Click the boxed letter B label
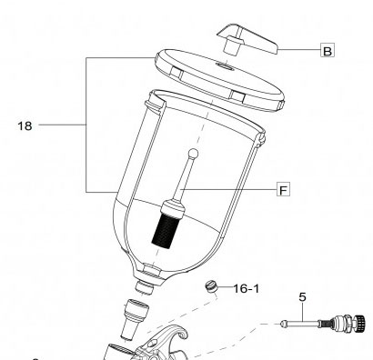(x=328, y=50)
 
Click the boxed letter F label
(x=283, y=189)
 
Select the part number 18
(x=25, y=125)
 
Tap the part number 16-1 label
(x=247, y=289)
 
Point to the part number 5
(x=302, y=297)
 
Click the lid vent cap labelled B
(x=247, y=40)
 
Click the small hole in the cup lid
(x=225, y=65)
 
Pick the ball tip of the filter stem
(x=193, y=154)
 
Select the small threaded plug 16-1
(x=211, y=286)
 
